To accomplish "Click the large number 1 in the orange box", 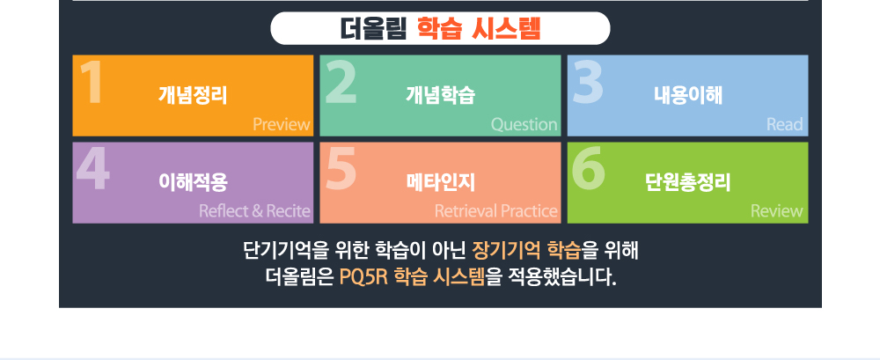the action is click(x=91, y=82).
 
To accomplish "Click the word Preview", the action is click(x=282, y=124).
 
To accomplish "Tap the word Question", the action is click(x=524, y=124).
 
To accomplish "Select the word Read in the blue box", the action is click(x=785, y=124).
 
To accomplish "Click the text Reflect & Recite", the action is click(x=255, y=211).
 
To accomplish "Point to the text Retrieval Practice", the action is click(x=496, y=211).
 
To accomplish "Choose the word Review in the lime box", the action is click(x=777, y=211).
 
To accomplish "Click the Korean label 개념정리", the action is click(x=193, y=95).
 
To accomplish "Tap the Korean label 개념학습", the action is click(x=441, y=95).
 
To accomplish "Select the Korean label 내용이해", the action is click(x=688, y=95).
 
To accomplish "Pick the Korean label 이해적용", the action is click(x=193, y=182).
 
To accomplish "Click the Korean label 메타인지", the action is click(x=441, y=182).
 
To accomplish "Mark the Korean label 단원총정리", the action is click(x=688, y=182).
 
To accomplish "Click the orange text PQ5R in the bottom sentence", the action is click(x=363, y=277).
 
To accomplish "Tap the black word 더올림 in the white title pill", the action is click(x=373, y=29).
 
